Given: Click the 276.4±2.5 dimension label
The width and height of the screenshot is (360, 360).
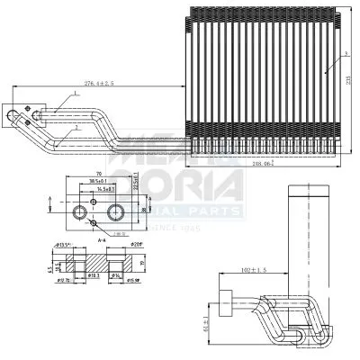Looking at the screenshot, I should (x=99, y=83).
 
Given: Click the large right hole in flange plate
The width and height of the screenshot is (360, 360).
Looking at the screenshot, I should (x=115, y=211).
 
